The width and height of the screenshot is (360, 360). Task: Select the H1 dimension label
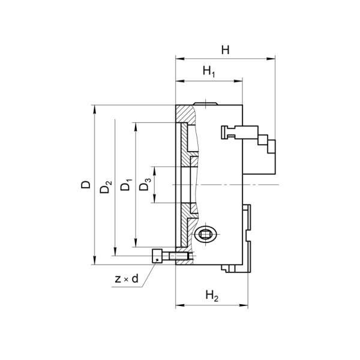coord(209,72)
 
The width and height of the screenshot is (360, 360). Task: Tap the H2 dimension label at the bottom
coord(211,295)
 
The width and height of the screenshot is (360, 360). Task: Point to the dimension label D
coord(86,185)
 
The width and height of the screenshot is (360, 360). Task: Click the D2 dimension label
coord(106,187)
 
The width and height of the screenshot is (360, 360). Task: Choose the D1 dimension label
coord(125,185)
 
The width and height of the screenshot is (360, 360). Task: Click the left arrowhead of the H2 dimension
coord(179,306)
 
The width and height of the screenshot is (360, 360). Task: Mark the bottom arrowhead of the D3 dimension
coord(154,200)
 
